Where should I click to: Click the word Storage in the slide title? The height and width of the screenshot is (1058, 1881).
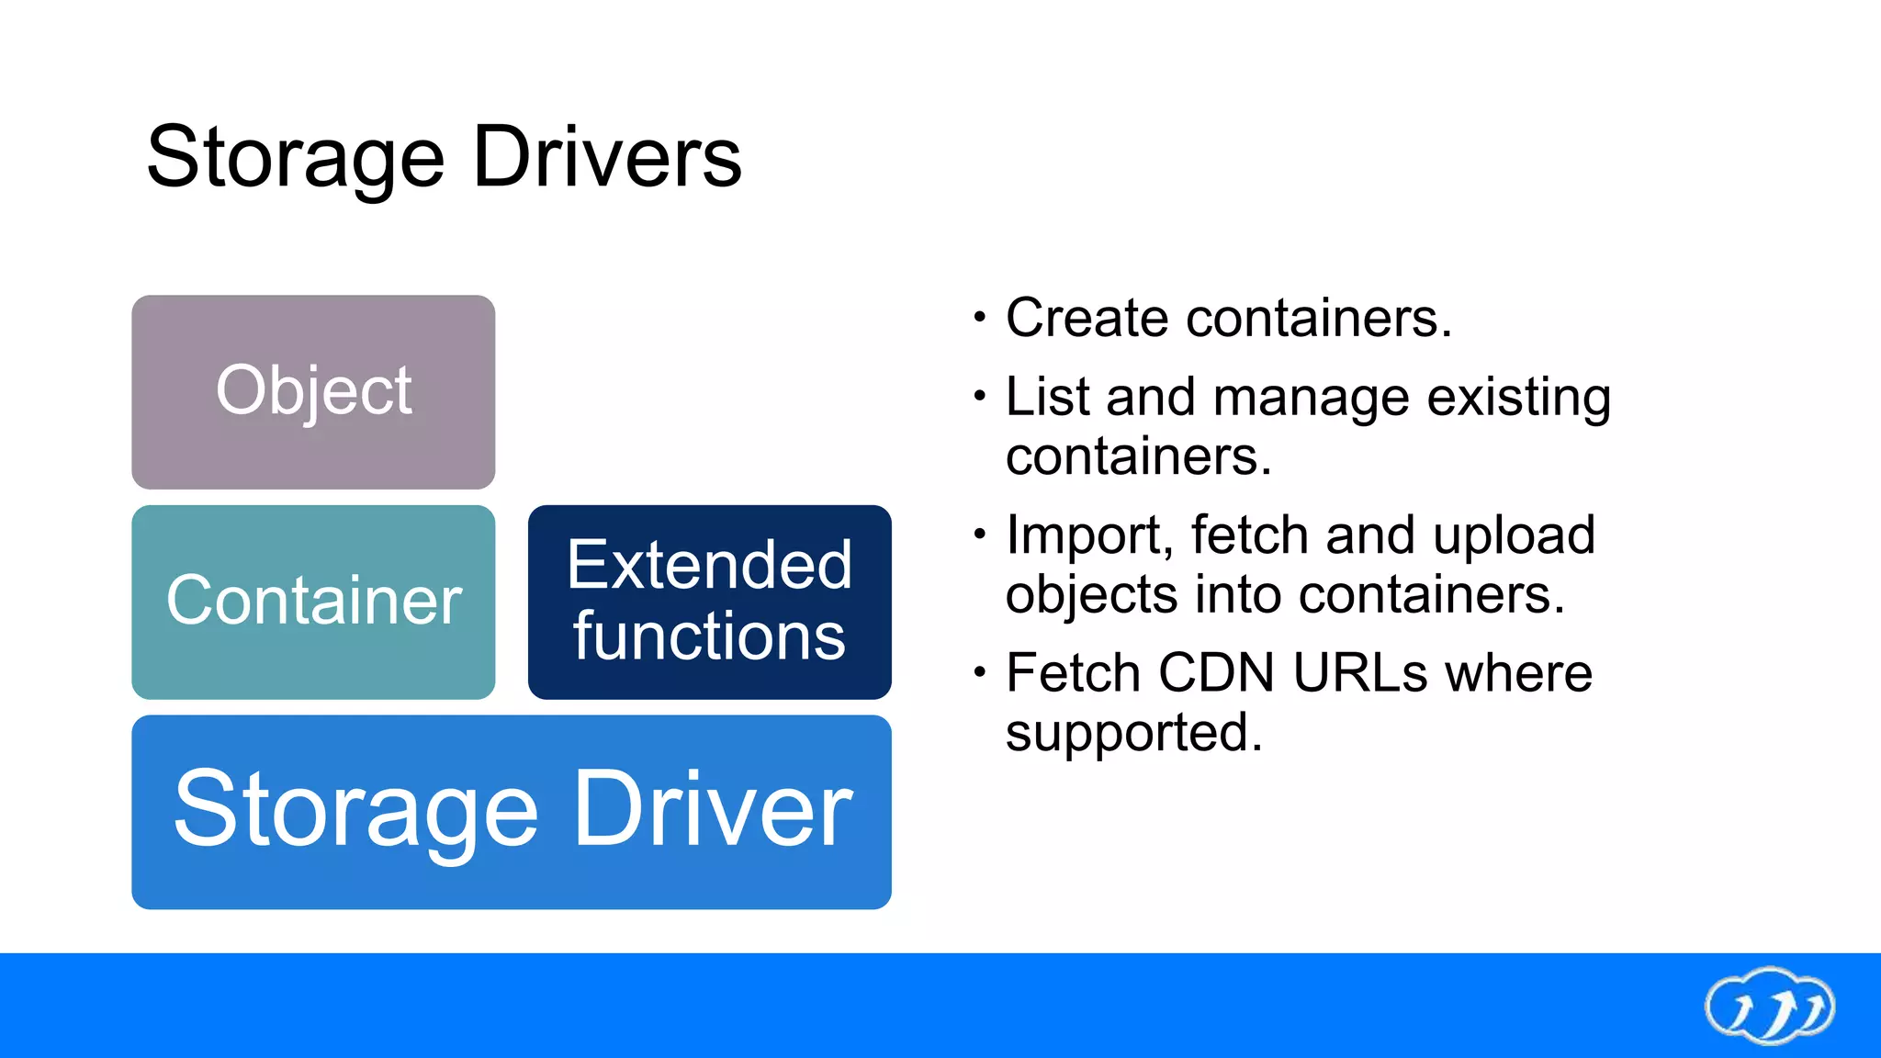click(x=294, y=158)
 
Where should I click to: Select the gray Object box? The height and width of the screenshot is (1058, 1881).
click(x=313, y=392)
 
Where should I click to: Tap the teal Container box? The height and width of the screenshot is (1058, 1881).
click(x=313, y=602)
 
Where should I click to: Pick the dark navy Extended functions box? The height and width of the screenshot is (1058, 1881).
click(x=709, y=602)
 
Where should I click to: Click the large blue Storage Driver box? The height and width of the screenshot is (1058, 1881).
click(x=512, y=812)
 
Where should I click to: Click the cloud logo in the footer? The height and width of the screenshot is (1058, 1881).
click(x=1769, y=1007)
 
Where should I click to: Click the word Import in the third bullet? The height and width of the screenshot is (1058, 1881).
click(x=1089, y=535)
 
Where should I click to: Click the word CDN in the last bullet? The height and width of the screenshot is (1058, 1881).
click(x=1215, y=672)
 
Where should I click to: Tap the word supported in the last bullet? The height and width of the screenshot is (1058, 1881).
click(x=1132, y=734)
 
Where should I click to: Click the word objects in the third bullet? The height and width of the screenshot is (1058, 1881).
click(x=1091, y=596)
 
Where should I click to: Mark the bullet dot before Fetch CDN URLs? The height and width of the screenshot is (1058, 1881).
click(x=980, y=673)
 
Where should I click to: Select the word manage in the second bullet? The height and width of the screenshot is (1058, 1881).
click(x=1311, y=399)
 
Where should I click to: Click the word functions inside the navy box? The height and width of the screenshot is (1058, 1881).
click(x=709, y=636)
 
